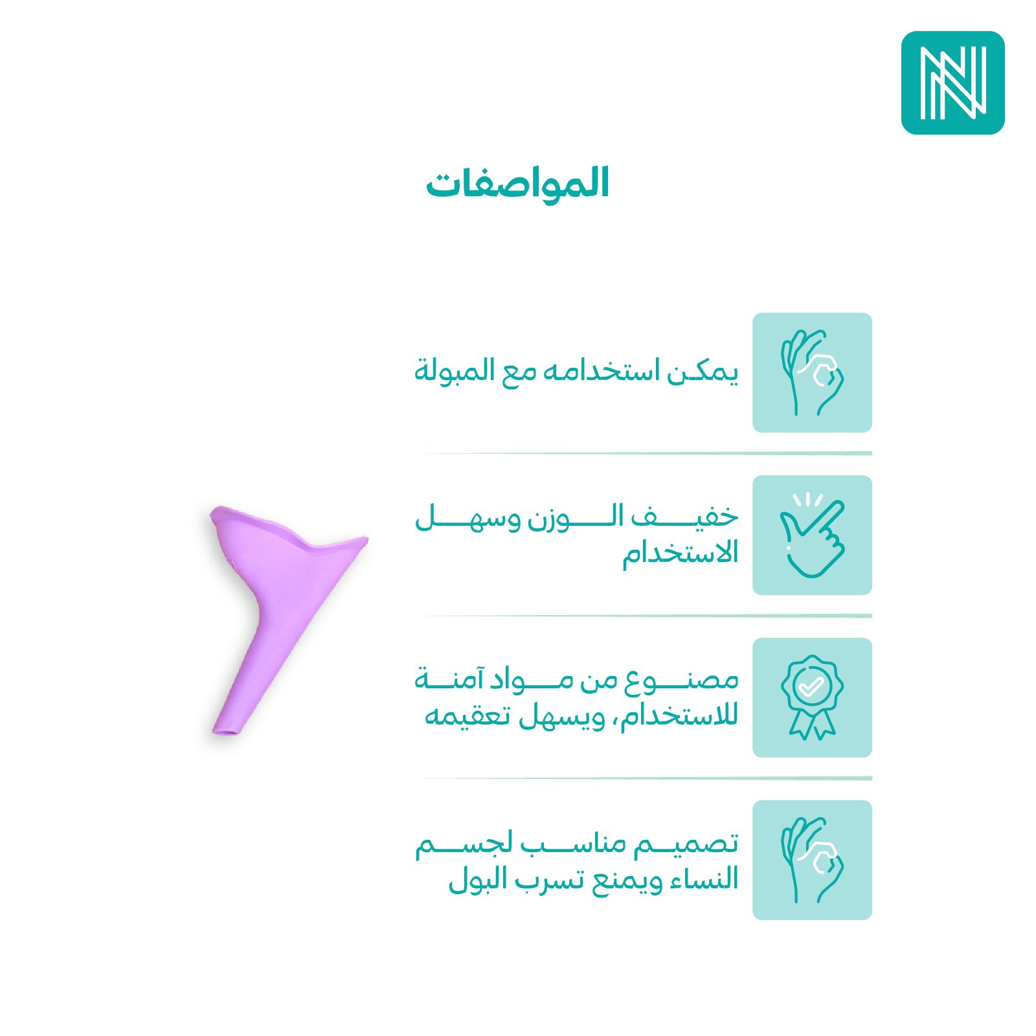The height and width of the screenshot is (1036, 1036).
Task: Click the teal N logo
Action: pyautogui.click(x=952, y=83)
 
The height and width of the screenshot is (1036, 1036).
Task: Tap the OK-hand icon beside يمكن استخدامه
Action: pyautogui.click(x=812, y=373)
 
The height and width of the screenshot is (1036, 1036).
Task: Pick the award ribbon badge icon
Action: pyautogui.click(x=812, y=697)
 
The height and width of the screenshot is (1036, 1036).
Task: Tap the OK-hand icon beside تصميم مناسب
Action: pyautogui.click(x=812, y=860)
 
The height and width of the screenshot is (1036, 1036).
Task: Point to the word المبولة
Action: pyautogui.click(x=445, y=370)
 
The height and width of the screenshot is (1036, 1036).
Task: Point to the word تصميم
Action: pyautogui.click(x=686, y=843)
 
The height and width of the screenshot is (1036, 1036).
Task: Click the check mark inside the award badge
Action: pyautogui.click(x=812, y=686)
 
